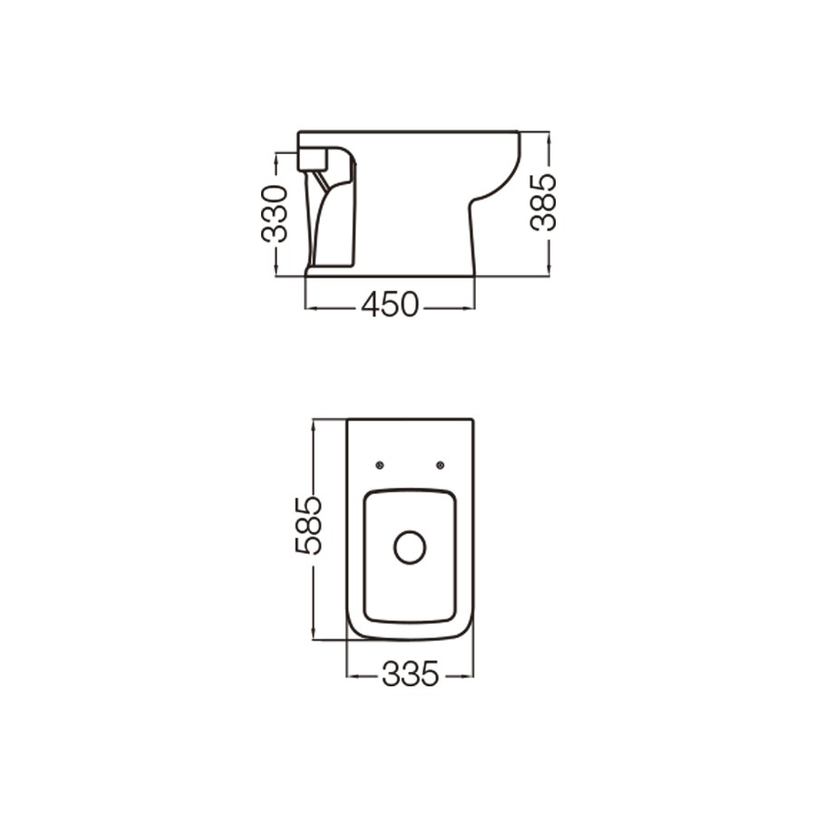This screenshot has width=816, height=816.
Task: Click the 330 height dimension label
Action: pyautogui.click(x=274, y=214)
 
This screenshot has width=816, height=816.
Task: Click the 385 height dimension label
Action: pyautogui.click(x=543, y=202)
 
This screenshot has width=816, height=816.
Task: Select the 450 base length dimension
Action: pyautogui.click(x=390, y=305)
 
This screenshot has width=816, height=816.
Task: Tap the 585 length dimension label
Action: pyautogui.click(x=308, y=526)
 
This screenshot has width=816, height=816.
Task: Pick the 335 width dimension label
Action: pyautogui.click(x=411, y=675)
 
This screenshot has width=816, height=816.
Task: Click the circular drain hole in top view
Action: pyautogui.click(x=410, y=548)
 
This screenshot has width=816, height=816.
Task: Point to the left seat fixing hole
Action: pyautogui.click(x=380, y=465)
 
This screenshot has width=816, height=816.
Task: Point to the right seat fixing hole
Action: pyautogui.click(x=441, y=465)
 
